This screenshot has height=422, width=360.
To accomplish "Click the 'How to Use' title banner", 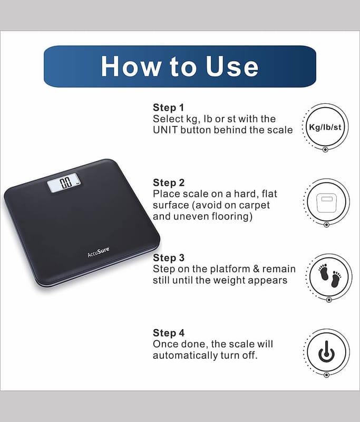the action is (x=180, y=66).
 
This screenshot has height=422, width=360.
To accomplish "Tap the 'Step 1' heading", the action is (x=168, y=108).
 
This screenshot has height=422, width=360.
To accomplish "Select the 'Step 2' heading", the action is (x=169, y=183).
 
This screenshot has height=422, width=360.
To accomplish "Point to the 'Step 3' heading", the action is (x=169, y=257).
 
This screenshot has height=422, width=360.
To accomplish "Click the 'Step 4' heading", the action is (x=169, y=333).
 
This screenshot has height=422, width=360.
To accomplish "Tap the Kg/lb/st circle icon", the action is (x=325, y=127).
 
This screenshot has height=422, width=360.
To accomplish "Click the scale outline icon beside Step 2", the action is (x=326, y=203).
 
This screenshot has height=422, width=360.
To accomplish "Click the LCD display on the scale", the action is (x=64, y=183).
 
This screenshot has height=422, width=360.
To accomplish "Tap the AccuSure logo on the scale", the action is (x=99, y=252).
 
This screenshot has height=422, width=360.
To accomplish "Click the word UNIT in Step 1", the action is (x=166, y=130).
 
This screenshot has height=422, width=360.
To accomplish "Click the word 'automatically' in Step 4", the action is (x=186, y=356).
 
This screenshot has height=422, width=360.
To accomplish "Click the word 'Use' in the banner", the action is (x=232, y=66).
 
